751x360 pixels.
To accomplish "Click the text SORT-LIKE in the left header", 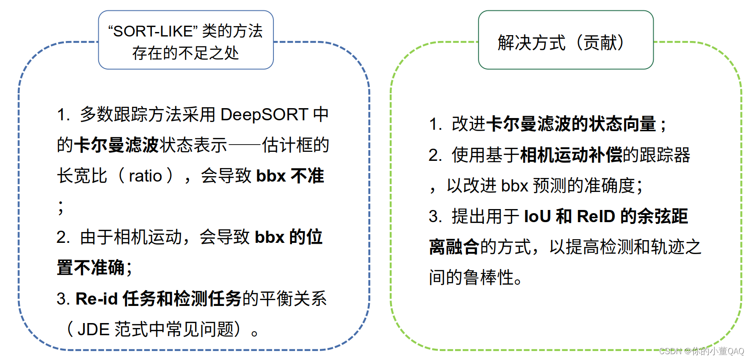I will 153,32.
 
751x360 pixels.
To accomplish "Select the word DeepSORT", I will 264,114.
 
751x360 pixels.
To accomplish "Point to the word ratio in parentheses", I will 145,176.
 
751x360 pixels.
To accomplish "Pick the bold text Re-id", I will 96,299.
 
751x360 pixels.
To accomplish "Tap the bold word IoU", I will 537,216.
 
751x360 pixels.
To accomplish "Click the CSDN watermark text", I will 701,351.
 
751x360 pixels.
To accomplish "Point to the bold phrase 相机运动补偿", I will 571,155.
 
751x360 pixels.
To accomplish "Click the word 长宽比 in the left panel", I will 82,176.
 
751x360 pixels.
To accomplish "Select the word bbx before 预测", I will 514,186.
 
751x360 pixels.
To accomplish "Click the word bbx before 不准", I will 271,176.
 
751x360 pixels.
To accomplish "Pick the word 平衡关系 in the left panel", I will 293,299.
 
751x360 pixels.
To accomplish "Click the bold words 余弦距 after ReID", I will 662,216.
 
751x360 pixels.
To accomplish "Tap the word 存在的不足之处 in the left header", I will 186,53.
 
